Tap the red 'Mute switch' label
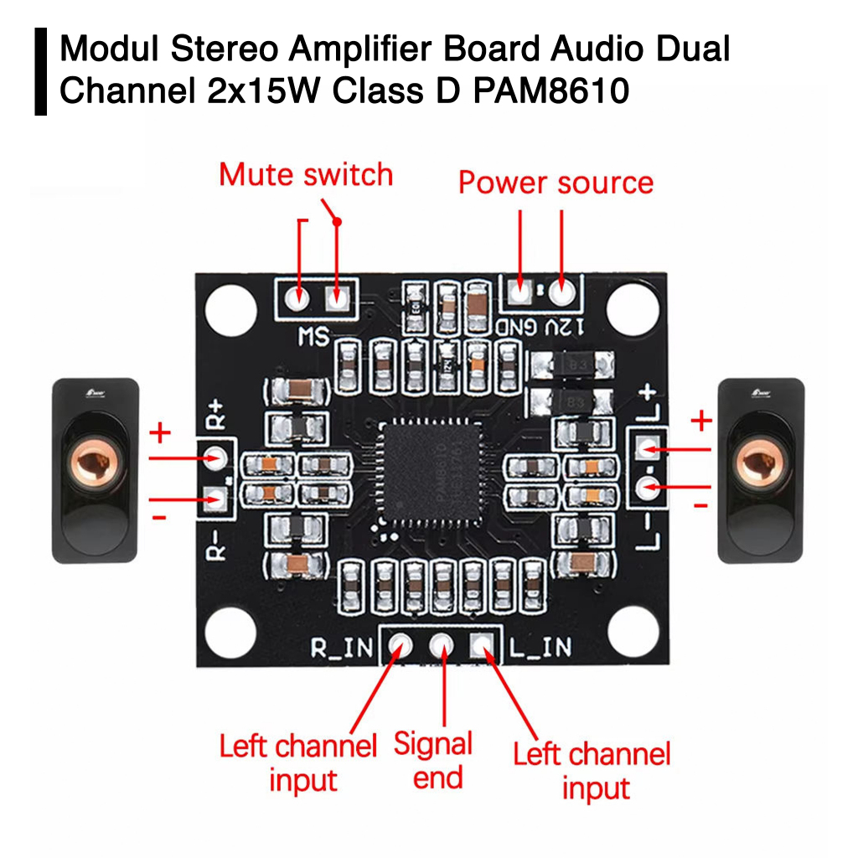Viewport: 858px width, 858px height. (x=306, y=174)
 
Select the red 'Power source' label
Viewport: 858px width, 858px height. (x=556, y=182)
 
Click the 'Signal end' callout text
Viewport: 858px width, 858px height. (x=433, y=760)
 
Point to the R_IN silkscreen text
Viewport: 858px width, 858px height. (x=343, y=648)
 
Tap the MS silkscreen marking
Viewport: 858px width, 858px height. (x=313, y=336)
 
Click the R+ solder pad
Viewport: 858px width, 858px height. (x=216, y=457)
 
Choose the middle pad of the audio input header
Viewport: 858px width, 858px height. (x=441, y=645)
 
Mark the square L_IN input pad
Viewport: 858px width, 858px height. (x=481, y=644)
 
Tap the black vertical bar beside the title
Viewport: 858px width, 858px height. (x=41, y=71)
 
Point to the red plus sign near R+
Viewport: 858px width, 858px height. (x=160, y=433)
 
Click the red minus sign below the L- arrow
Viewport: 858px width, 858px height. (x=701, y=506)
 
